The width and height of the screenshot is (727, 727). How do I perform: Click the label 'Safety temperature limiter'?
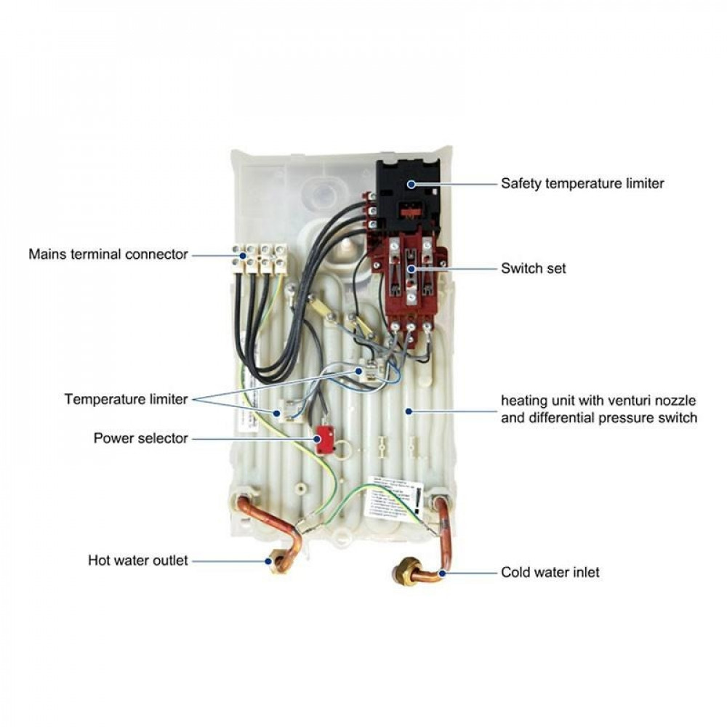pyautogui.click(x=582, y=184)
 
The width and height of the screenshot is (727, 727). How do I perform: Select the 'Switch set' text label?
pyautogui.click(x=533, y=269)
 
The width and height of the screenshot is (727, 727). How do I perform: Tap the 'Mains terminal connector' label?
pyautogui.click(x=108, y=254)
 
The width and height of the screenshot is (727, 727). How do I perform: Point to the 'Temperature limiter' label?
pyautogui.click(x=126, y=399)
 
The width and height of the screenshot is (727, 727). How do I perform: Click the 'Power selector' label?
pyautogui.click(x=140, y=438)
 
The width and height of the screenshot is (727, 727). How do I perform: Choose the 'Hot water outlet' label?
pyautogui.click(x=137, y=561)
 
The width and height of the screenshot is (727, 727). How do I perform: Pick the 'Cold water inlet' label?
pyautogui.click(x=550, y=573)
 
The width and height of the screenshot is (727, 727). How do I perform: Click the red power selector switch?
pyautogui.click(x=324, y=439)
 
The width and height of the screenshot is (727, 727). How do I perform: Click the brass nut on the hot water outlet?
pyautogui.click(x=277, y=562)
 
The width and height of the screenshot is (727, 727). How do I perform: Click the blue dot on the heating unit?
pyautogui.click(x=409, y=411)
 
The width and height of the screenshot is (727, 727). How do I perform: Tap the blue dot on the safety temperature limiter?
pyautogui.click(x=411, y=184)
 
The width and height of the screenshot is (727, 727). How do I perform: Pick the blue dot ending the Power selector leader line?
pyautogui.click(x=318, y=439)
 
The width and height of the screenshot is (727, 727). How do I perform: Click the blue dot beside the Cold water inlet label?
pyautogui.click(x=443, y=573)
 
